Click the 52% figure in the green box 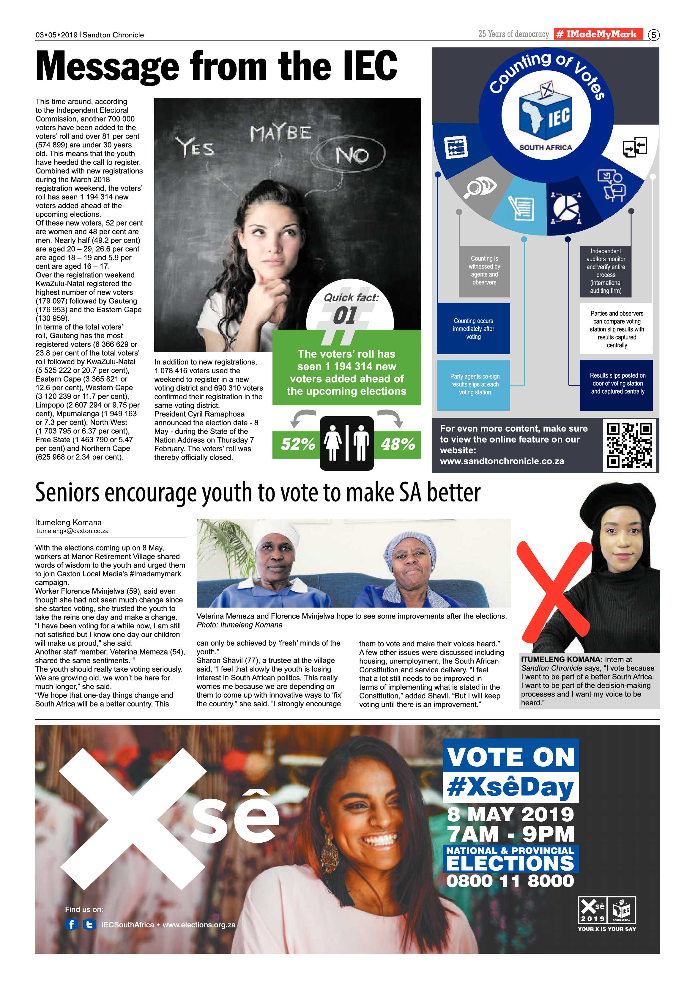coord(298,444)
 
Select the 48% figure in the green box coord(398,444)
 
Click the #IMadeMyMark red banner coord(598,34)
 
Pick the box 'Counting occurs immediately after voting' coord(473,329)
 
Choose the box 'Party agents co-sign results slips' coord(474,384)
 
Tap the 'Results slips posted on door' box coord(617,384)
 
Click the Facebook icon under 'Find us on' coord(72,924)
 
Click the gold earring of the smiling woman coord(328,850)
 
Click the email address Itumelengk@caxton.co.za coord(72,531)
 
